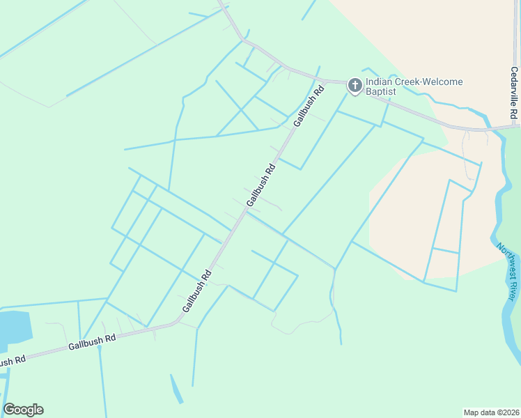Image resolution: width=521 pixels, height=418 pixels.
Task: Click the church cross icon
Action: (355, 86)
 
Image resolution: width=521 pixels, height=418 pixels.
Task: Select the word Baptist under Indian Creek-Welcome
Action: (381, 92)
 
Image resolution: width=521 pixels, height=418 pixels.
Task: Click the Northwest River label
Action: (508, 272)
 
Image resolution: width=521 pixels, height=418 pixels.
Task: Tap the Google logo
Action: (23, 410)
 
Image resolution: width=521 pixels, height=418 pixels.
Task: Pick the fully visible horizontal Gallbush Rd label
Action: (92, 342)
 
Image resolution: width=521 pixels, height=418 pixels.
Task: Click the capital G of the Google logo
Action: (9, 410)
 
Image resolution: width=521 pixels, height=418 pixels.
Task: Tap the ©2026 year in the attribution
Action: (506, 412)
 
